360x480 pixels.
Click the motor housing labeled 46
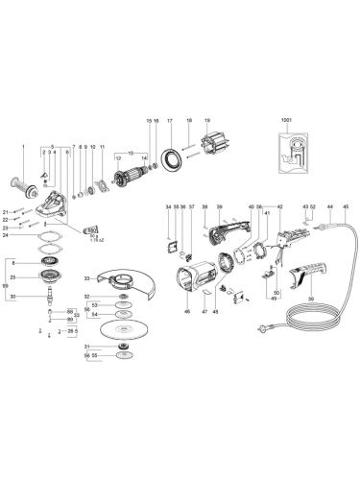tap(186, 283)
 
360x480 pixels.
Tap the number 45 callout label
tap(345, 207)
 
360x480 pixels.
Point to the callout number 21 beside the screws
tap(5, 210)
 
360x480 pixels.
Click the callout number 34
tap(167, 207)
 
